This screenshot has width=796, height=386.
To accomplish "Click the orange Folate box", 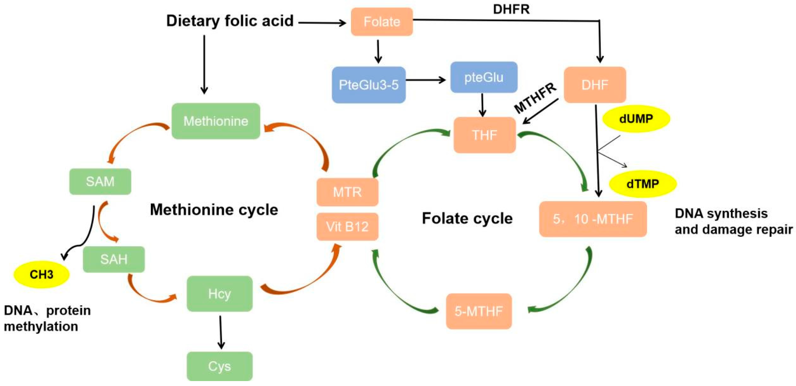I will [x=382, y=22].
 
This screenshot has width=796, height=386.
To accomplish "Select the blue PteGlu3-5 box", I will [x=368, y=85].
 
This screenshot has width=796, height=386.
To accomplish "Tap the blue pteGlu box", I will [x=484, y=77].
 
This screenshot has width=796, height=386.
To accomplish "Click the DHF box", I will [x=595, y=85].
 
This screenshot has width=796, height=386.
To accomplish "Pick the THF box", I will [x=484, y=135].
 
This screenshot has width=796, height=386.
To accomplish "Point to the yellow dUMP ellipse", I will [x=636, y=119].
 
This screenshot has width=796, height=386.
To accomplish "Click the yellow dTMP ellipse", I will [x=642, y=184].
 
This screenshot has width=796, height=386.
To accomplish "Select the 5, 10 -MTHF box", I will [x=593, y=219].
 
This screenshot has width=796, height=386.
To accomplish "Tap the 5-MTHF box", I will [x=479, y=311].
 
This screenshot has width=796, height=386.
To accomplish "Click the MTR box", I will [x=347, y=192].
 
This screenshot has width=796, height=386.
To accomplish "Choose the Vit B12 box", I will [x=347, y=227].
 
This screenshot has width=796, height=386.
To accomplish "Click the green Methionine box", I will [x=216, y=121].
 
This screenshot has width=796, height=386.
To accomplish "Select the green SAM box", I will [x=100, y=181].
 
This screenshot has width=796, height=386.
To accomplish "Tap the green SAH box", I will [x=114, y=259].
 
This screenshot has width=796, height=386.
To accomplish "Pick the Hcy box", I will [x=220, y=294].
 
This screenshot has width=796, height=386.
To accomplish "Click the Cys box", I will [x=220, y=366].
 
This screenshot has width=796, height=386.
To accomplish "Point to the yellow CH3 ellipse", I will [x=41, y=274].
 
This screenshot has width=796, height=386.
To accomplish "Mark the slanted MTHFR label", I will [x=535, y=98].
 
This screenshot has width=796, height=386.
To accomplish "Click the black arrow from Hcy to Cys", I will [x=221, y=332].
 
